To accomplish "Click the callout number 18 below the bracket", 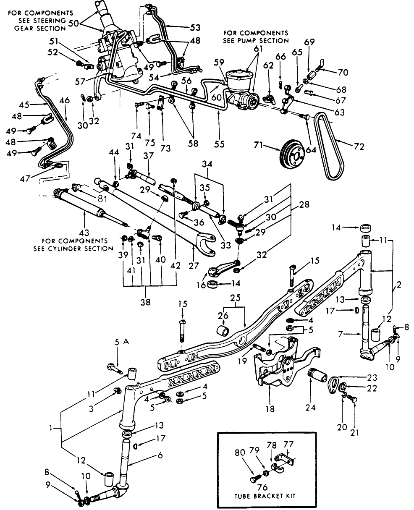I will [270, 409].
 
